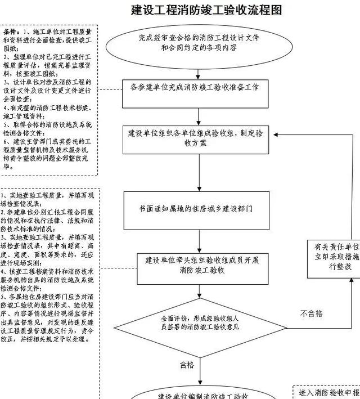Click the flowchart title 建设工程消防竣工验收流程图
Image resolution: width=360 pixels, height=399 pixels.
click(x=206, y=10)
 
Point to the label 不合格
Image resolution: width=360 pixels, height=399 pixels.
click(x=312, y=313)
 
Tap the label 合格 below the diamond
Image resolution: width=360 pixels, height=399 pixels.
click(x=187, y=365)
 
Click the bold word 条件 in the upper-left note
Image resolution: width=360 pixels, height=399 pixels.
click(x=12, y=29)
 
